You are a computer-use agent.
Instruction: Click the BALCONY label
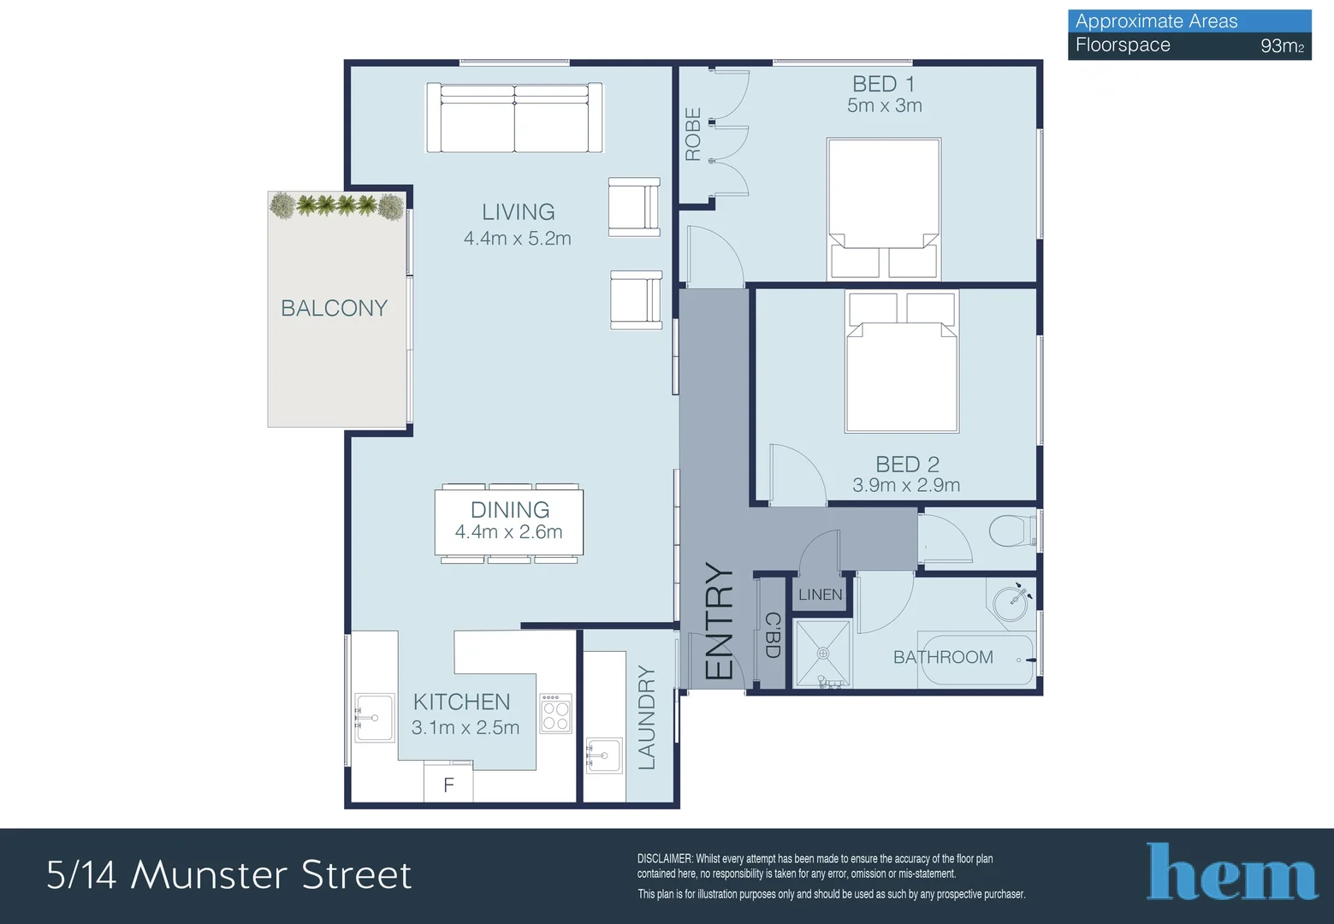[334, 308]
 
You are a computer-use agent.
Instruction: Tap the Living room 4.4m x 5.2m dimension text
[518, 238]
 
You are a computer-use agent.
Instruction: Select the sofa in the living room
[514, 118]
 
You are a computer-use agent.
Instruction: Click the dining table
[509, 522]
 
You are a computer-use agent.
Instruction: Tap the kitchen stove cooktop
[555, 714]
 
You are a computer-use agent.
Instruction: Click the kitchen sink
[374, 718]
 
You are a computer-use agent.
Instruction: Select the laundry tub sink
[604, 755]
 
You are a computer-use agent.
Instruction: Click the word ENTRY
[719, 621]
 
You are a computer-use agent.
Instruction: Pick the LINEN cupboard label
[820, 594]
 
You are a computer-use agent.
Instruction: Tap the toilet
[1012, 530]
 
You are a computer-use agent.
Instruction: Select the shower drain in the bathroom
[823, 654]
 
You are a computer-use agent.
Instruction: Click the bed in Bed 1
[884, 209]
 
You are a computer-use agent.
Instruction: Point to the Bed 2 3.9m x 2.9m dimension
[906, 485]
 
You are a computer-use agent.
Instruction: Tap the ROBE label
[693, 134]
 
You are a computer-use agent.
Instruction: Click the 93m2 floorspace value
[1282, 46]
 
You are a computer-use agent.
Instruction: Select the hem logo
[1231, 871]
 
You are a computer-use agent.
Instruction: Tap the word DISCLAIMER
[665, 858]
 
